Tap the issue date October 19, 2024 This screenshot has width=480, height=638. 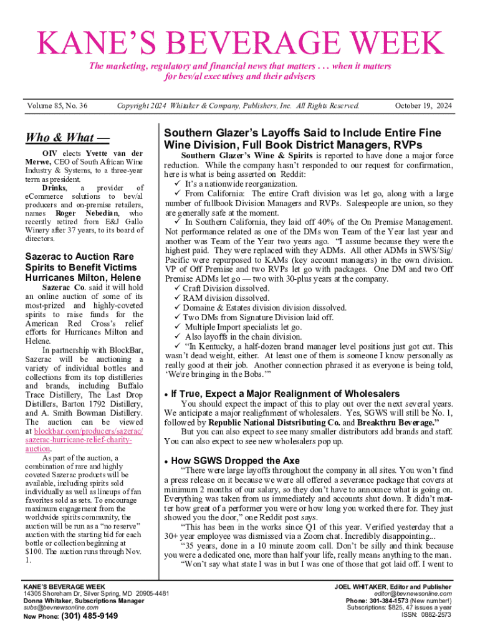(x=423, y=107)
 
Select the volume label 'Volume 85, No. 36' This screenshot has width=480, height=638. (x=57, y=107)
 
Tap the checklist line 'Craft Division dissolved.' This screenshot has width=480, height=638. (x=226, y=289)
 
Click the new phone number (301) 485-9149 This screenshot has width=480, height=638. (x=89, y=617)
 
